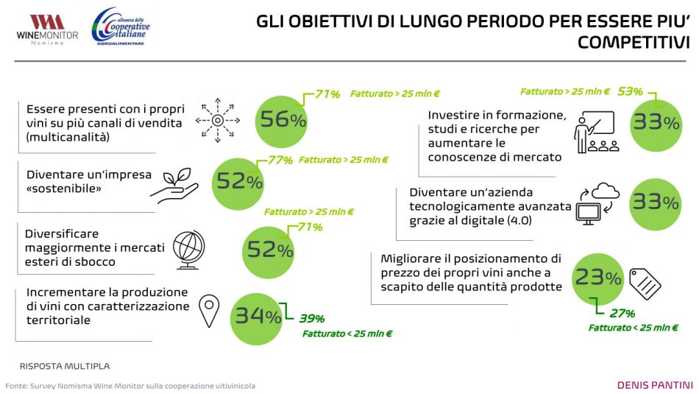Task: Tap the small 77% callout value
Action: coord(280,159)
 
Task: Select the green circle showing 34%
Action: coord(258,317)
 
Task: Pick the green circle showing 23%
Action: coord(598,277)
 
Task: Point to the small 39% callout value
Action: coord(311,318)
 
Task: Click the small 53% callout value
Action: coord(631,92)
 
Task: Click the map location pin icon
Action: coord(210,312)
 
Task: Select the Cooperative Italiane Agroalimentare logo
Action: coord(120,27)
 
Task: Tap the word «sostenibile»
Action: coord(63,189)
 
